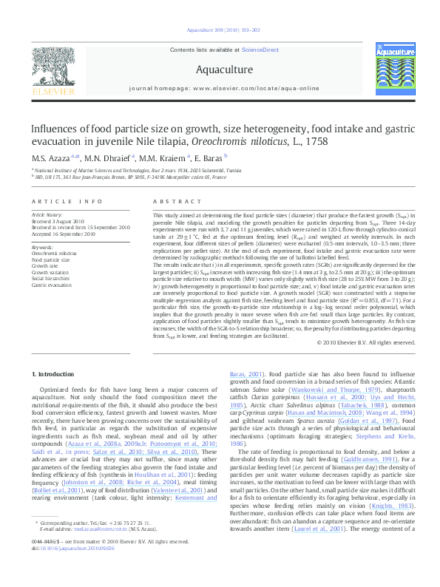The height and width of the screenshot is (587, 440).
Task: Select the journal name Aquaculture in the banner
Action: tap(220, 69)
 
